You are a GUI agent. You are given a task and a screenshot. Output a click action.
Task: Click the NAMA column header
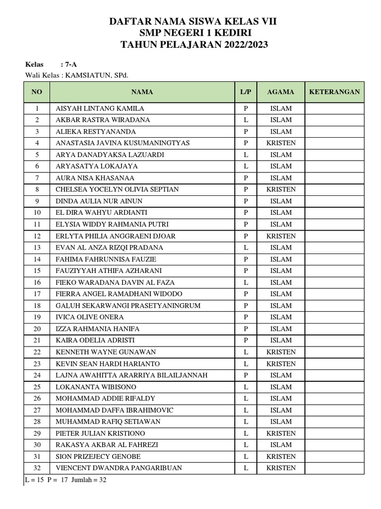[142, 92]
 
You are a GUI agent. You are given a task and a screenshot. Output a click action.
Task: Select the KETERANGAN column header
[334, 92]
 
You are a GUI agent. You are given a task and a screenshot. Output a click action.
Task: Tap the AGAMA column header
[281, 92]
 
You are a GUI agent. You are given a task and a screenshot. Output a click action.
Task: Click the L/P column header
[246, 92]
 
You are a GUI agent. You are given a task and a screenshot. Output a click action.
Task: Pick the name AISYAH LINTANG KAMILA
[100, 108]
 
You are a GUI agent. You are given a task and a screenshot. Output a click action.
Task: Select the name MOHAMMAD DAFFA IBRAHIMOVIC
[115, 410]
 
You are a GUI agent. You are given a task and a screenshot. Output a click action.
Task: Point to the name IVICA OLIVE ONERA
[90, 317]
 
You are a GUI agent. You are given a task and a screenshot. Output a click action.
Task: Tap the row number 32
[37, 468]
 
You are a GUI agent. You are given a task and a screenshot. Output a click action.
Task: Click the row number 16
[37, 282]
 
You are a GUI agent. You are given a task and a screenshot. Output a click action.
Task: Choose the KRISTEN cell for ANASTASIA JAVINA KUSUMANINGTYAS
[281, 143]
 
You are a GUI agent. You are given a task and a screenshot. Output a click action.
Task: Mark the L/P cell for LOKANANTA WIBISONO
[246, 387]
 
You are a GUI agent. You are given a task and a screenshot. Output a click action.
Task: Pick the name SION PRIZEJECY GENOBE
[98, 456]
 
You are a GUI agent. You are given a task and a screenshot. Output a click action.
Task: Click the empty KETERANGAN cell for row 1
[334, 108]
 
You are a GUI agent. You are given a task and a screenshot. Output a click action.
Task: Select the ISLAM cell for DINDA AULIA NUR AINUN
[281, 201]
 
